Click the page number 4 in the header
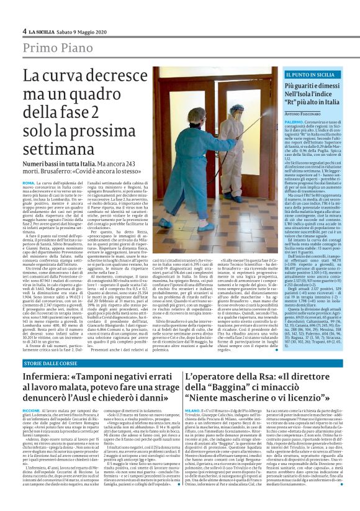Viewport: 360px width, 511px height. pyautogui.click(x=24, y=31)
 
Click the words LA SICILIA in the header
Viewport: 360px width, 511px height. pyautogui.click(x=44, y=31)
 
